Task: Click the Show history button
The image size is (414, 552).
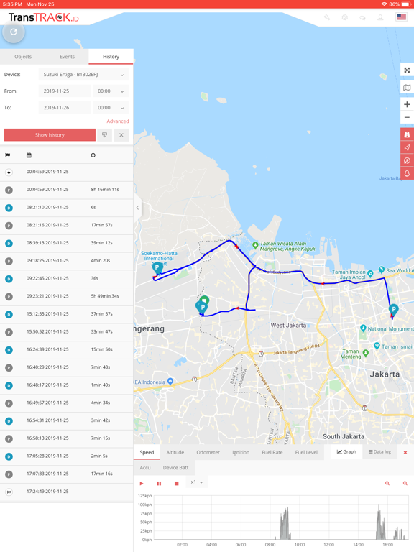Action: tap(50, 135)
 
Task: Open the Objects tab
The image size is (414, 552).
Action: tap(23, 57)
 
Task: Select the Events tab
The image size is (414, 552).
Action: tap(67, 57)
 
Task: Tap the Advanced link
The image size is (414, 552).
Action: tap(118, 121)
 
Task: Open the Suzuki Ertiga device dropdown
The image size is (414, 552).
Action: tap(83, 75)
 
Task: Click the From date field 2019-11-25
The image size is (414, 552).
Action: tap(65, 91)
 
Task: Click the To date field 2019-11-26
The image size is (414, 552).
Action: tap(65, 108)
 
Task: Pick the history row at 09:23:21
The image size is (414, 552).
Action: tap(47, 296)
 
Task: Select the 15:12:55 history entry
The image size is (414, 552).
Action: tap(47, 314)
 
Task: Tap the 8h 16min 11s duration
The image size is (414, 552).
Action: tap(105, 190)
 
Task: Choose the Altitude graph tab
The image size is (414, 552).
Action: tap(175, 453)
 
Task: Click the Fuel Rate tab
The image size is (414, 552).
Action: tap(272, 453)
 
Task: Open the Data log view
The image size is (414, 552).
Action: tap(379, 452)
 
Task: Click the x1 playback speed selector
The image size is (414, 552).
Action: tap(196, 483)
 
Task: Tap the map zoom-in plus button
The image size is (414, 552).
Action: tap(407, 104)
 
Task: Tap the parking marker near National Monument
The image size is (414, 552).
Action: tap(393, 310)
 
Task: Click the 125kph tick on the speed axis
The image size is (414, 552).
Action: tap(144, 496)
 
